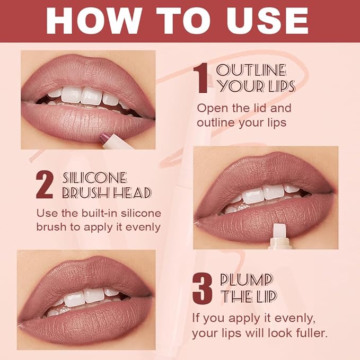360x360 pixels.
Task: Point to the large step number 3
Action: [202, 289]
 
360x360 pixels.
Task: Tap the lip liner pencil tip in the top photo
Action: [104, 138]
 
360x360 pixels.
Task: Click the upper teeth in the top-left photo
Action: [85, 95]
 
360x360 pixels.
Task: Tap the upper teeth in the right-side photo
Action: [262, 192]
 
